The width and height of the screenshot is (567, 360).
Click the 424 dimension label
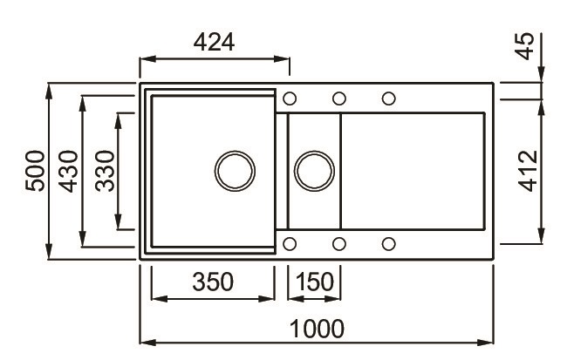click(x=214, y=42)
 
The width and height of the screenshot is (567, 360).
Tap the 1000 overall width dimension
click(x=318, y=329)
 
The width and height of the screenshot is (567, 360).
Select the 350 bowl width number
click(x=213, y=282)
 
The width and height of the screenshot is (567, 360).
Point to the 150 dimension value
click(x=315, y=282)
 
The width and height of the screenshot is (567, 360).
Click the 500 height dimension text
click(x=35, y=171)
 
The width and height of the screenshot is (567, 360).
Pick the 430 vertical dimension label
click(x=68, y=172)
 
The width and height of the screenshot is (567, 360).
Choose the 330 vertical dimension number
click(x=105, y=171)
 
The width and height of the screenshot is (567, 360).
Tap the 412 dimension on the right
click(x=528, y=171)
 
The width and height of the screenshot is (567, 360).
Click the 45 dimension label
click(x=524, y=46)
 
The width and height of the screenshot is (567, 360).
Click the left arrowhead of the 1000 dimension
click(x=147, y=343)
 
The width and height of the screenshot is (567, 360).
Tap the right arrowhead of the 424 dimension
click(x=282, y=59)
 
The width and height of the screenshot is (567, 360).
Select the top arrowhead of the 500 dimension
click(x=49, y=91)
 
